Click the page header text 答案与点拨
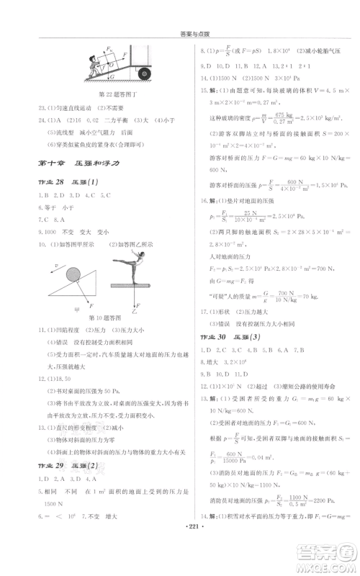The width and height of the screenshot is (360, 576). [179, 34]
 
